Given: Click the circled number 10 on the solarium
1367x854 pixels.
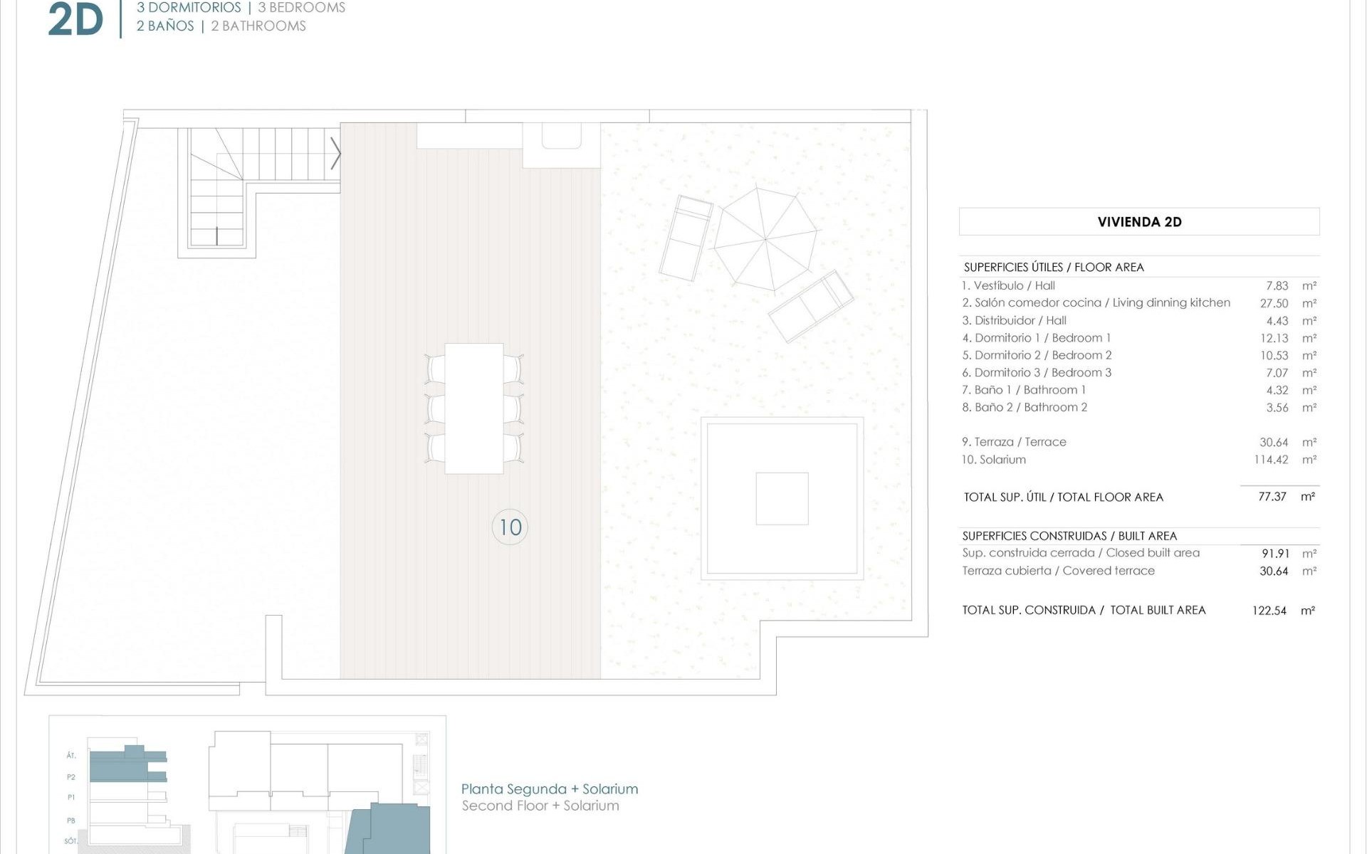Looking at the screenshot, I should coord(510,527).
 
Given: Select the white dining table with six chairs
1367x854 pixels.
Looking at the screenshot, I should coord(474,408).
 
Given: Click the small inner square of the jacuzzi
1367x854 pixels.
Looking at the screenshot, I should coord(782,498).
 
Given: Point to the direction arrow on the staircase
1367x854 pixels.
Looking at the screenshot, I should coord(335,153).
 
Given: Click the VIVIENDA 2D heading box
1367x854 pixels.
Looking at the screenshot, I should coord(1138,221).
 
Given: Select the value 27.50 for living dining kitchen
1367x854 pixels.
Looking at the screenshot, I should coord(1274,303).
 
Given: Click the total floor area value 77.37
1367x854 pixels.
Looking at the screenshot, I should coord(1272,497).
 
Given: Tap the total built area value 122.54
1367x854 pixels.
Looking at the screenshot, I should coord(1269,611).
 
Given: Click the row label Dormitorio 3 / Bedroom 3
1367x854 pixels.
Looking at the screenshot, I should coord(1037,372).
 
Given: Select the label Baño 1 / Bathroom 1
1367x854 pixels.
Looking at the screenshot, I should coord(1024,390).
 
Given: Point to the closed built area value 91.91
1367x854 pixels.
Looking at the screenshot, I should coord(1274,554).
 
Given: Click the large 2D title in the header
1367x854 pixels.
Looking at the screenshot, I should coord(75,20).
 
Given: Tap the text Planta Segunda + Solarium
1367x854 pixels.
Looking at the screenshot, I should coord(549,789).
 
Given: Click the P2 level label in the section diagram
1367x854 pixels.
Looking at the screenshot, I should coord(71,777).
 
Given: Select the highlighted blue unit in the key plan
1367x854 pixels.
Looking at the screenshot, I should coord(388,829).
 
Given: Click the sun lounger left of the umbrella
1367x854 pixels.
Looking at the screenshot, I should coord(685,238).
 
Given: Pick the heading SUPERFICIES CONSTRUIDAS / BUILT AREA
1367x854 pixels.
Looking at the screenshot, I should coord(1069,536).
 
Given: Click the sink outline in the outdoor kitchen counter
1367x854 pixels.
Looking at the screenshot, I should coord(561,136).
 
